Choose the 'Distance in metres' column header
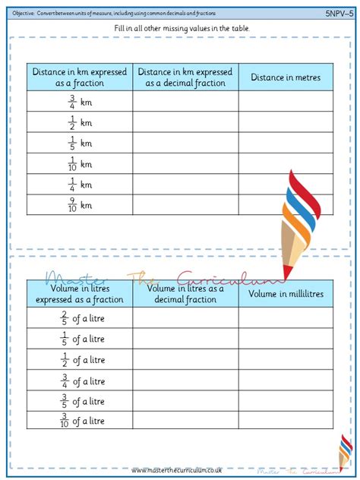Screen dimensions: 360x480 point(286,77)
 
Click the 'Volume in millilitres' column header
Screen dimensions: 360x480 point(286,294)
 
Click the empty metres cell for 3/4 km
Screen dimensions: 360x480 point(286,102)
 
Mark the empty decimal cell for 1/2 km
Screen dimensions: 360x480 point(185,122)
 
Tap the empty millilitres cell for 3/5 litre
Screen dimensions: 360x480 point(286,400)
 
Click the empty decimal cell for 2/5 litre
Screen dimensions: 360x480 point(185,318)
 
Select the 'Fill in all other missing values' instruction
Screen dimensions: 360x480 point(179,28)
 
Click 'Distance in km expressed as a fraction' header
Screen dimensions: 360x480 point(80,77)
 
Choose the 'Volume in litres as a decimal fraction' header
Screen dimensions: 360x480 point(185,294)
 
